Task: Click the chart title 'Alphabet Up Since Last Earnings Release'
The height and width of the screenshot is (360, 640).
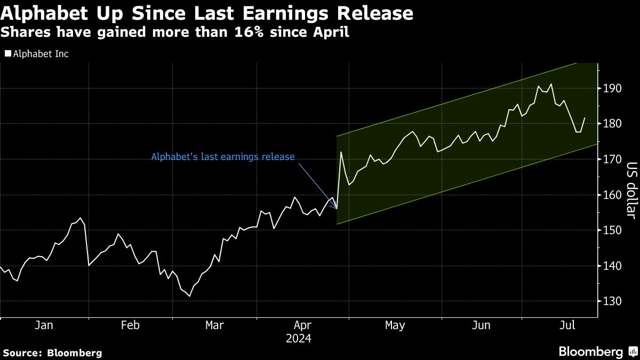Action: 207,13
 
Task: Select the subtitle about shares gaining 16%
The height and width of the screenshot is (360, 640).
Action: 175,33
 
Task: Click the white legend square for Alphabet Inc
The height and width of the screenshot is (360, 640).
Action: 7,54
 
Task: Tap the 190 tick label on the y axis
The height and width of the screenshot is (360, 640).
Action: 612,89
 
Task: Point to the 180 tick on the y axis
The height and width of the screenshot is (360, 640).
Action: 612,124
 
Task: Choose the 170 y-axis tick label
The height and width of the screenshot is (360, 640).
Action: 612,159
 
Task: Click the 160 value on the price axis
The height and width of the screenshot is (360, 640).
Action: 612,195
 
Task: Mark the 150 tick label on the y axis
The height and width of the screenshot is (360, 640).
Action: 612,230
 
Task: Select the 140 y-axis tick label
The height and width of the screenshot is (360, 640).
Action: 612,266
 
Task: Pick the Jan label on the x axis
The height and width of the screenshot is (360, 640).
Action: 44,325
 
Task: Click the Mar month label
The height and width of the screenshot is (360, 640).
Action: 214,325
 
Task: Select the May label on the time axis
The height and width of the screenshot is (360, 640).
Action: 395,325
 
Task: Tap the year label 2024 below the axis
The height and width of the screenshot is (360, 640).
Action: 299,338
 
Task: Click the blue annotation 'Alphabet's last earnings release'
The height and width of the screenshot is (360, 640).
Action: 222,157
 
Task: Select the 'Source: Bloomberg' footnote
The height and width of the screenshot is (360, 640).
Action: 52,353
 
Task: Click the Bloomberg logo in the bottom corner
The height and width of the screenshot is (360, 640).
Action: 597,351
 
